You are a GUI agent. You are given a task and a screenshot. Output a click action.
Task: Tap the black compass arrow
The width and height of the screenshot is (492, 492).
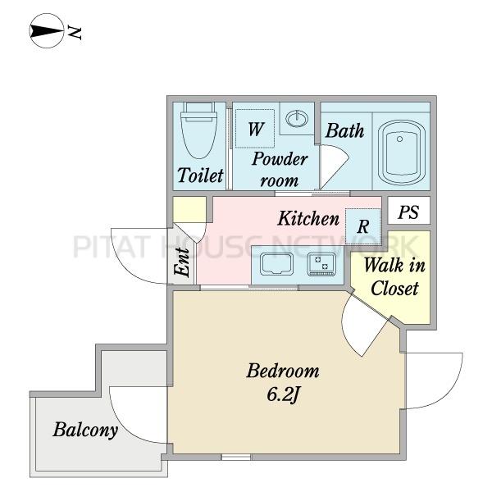point(46,31)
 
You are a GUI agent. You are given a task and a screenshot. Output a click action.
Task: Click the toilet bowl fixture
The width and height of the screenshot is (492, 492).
point(199,130)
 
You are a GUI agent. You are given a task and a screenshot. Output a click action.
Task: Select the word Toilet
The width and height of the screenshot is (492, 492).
point(201,175)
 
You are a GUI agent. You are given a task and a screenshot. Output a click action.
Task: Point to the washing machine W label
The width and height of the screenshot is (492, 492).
point(255,129)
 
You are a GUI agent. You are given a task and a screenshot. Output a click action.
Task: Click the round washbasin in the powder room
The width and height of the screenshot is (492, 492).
point(297,119)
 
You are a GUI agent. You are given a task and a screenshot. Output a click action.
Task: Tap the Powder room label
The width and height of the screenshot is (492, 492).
point(280,170)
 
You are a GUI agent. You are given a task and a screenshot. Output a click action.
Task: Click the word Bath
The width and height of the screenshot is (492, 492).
point(344,130)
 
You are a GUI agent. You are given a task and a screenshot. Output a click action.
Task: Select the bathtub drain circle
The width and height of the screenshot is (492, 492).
point(399,139)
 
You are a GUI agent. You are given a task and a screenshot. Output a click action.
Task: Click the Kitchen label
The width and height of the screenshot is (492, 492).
point(308,218)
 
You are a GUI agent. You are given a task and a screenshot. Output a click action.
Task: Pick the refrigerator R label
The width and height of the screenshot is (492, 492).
point(362,226)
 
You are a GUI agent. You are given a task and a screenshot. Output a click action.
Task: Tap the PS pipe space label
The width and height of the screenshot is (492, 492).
point(408,212)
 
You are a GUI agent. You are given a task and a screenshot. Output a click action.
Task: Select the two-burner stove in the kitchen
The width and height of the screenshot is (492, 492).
point(321,264)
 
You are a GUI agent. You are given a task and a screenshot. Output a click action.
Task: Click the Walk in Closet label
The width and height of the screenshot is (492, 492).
point(394,277)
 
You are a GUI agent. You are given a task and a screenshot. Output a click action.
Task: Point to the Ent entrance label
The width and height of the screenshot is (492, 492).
point(182,262)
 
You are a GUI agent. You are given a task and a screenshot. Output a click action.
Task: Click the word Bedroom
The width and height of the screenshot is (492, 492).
point(283,371)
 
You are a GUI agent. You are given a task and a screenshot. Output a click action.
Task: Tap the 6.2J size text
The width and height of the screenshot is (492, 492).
point(282,394)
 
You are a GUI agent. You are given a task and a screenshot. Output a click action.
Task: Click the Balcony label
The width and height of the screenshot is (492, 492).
point(85,430)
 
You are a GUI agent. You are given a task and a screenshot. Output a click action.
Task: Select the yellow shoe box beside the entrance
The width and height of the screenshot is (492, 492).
point(189,209)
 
